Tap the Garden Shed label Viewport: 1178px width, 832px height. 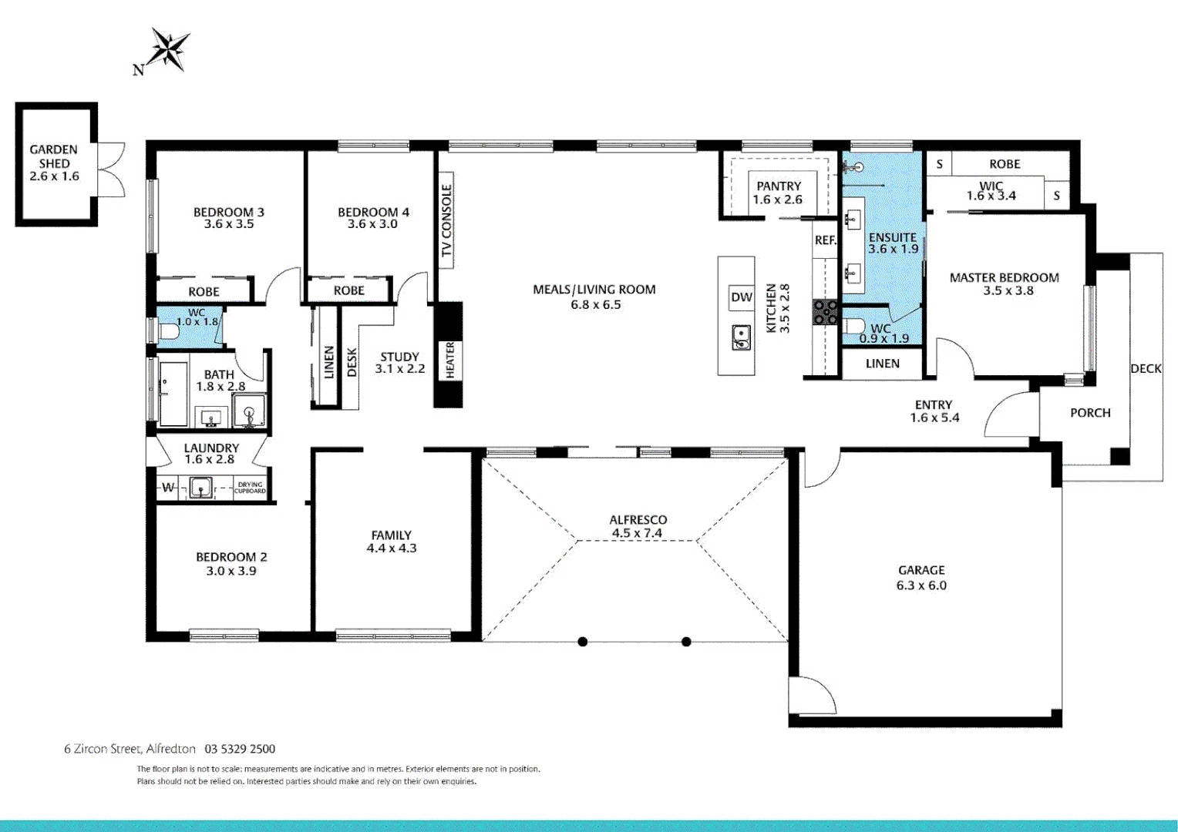[54, 156]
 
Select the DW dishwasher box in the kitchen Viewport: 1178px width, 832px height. [741, 297]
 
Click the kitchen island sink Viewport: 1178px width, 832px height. [740, 337]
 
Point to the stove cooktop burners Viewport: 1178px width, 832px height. [825, 312]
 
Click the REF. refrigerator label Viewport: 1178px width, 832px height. [825, 240]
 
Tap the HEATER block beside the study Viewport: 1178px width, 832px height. [449, 360]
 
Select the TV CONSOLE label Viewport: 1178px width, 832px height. [446, 220]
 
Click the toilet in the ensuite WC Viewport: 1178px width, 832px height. [853, 325]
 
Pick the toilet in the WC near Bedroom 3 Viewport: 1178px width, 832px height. [167, 331]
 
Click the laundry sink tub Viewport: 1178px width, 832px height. [200, 488]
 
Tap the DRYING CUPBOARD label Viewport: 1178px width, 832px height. [250, 488]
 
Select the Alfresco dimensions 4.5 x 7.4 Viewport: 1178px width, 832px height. [637, 533]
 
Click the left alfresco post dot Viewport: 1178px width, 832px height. [583, 642]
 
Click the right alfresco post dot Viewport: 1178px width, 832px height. [686, 642]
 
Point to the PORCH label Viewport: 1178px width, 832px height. [1090, 413]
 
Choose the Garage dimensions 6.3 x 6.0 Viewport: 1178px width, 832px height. [921, 585]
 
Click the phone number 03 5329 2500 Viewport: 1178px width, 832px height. [240, 749]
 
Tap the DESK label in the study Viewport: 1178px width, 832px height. [352, 362]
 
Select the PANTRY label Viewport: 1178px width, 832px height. [779, 186]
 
